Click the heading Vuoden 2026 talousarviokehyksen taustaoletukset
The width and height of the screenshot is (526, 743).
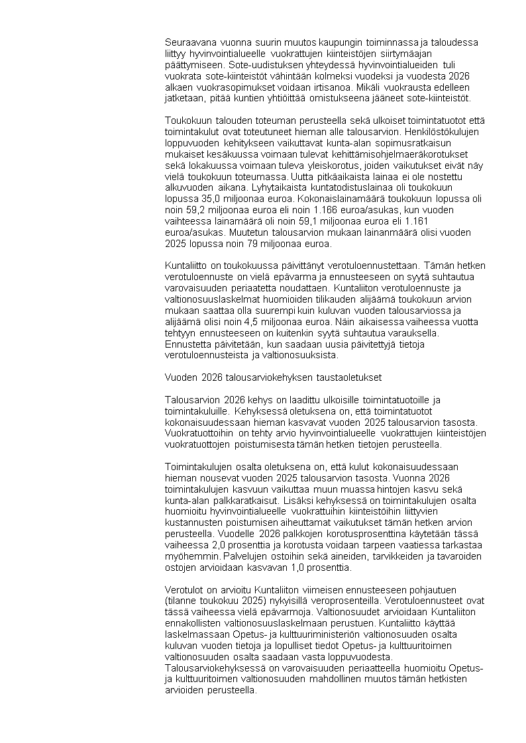[x=272, y=377]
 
